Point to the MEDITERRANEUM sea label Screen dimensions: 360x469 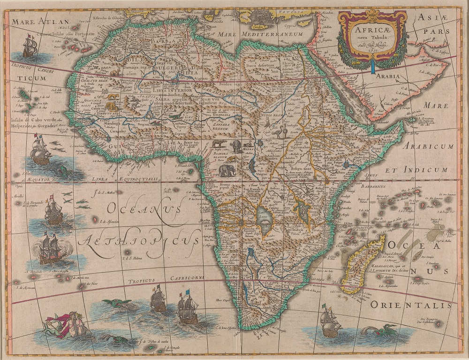coord(273,34)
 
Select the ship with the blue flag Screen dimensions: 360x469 coord(188,307)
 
